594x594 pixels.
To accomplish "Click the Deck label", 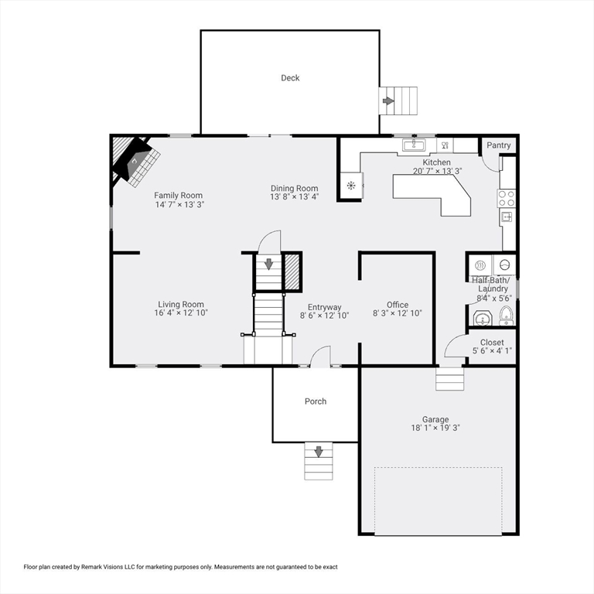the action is (x=290, y=77).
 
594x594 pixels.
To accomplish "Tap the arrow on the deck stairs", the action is (x=388, y=101).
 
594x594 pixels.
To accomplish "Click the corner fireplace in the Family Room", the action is (x=135, y=162).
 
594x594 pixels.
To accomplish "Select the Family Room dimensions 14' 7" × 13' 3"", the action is (x=179, y=204).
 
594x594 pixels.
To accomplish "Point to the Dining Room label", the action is (x=295, y=188).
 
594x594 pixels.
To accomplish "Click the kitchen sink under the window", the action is (x=414, y=145).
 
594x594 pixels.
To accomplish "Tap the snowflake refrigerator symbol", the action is (x=351, y=186).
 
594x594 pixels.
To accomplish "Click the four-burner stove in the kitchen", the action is (x=507, y=198).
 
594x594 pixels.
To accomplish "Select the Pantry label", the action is (x=499, y=145).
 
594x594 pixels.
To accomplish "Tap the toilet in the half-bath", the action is (x=506, y=316).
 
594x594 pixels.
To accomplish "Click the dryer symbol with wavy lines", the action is (x=480, y=265).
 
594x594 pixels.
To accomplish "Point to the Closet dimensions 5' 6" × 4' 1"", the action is (x=492, y=351).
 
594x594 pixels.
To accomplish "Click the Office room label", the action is (x=398, y=305).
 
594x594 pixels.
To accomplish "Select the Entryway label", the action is (x=324, y=307).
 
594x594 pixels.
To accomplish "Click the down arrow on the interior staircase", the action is (x=268, y=264).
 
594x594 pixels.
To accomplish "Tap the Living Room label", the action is (x=181, y=304).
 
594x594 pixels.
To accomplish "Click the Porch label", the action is (x=316, y=401).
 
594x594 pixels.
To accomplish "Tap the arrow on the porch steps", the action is (x=319, y=452).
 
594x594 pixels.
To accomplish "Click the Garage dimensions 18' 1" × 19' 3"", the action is (x=435, y=428).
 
